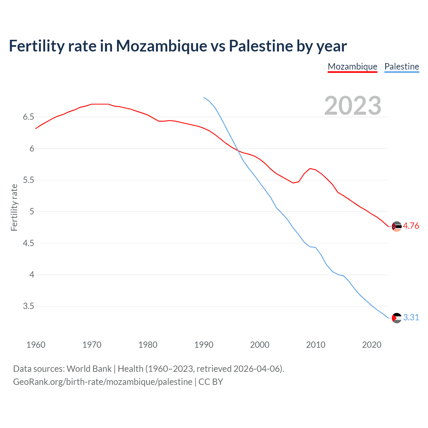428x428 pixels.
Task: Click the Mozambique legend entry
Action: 352,67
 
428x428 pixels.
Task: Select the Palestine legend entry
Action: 402,67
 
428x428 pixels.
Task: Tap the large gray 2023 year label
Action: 353,106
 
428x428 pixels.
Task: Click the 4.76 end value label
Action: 411,226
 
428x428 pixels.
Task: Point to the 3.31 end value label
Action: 411,317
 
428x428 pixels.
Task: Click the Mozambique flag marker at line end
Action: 396,226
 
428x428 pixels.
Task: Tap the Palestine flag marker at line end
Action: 396,318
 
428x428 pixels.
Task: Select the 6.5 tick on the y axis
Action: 28,117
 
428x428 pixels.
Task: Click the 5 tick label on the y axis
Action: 32,212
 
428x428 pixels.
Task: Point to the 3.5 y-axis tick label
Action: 28,306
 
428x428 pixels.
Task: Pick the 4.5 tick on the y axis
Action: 28,243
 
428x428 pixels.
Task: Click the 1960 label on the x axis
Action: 36,345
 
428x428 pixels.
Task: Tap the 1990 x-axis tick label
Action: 204,345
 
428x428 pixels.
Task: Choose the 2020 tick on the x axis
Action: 371,345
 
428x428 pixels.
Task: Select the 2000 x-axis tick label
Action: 259,345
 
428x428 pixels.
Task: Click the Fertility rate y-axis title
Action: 14,207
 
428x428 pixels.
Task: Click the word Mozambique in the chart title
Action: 162,46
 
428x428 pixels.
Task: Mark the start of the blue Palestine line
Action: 204,97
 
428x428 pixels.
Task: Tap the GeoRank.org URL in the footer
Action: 103,382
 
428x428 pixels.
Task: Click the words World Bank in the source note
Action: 89,369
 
